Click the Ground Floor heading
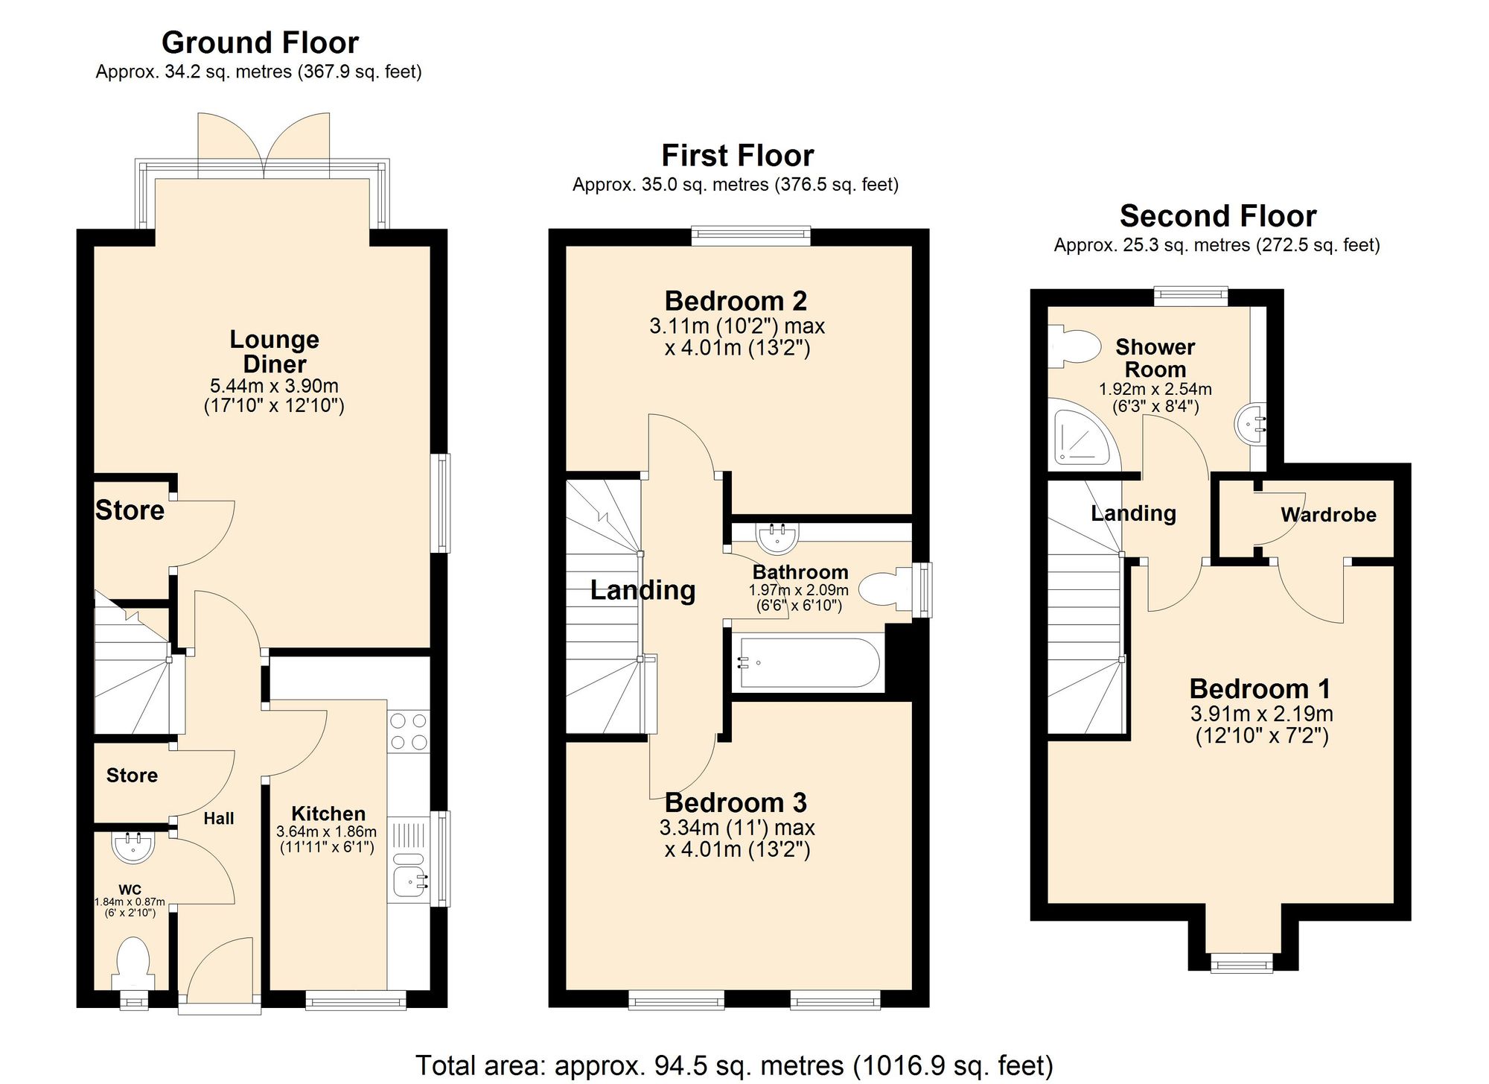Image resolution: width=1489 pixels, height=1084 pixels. click(x=260, y=42)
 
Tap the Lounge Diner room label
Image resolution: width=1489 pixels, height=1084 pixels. click(x=274, y=352)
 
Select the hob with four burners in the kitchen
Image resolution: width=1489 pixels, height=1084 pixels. click(x=409, y=732)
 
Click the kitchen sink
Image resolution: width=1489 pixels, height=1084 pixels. click(x=409, y=881)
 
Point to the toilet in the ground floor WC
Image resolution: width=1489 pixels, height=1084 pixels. click(x=134, y=963)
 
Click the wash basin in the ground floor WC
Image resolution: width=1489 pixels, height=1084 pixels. click(x=134, y=846)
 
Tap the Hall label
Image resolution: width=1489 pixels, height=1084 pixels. click(x=219, y=819)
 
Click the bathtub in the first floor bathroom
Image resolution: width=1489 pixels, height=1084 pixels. click(x=807, y=662)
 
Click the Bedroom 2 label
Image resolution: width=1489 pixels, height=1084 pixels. click(x=736, y=301)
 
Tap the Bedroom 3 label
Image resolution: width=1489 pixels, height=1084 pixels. click(x=736, y=802)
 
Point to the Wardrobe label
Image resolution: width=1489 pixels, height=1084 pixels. click(x=1328, y=515)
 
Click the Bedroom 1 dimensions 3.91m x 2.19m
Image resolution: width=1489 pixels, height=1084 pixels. click(x=1261, y=714)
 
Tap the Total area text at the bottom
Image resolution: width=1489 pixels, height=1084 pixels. click(x=734, y=1065)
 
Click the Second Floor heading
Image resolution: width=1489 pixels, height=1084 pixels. click(x=1218, y=216)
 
